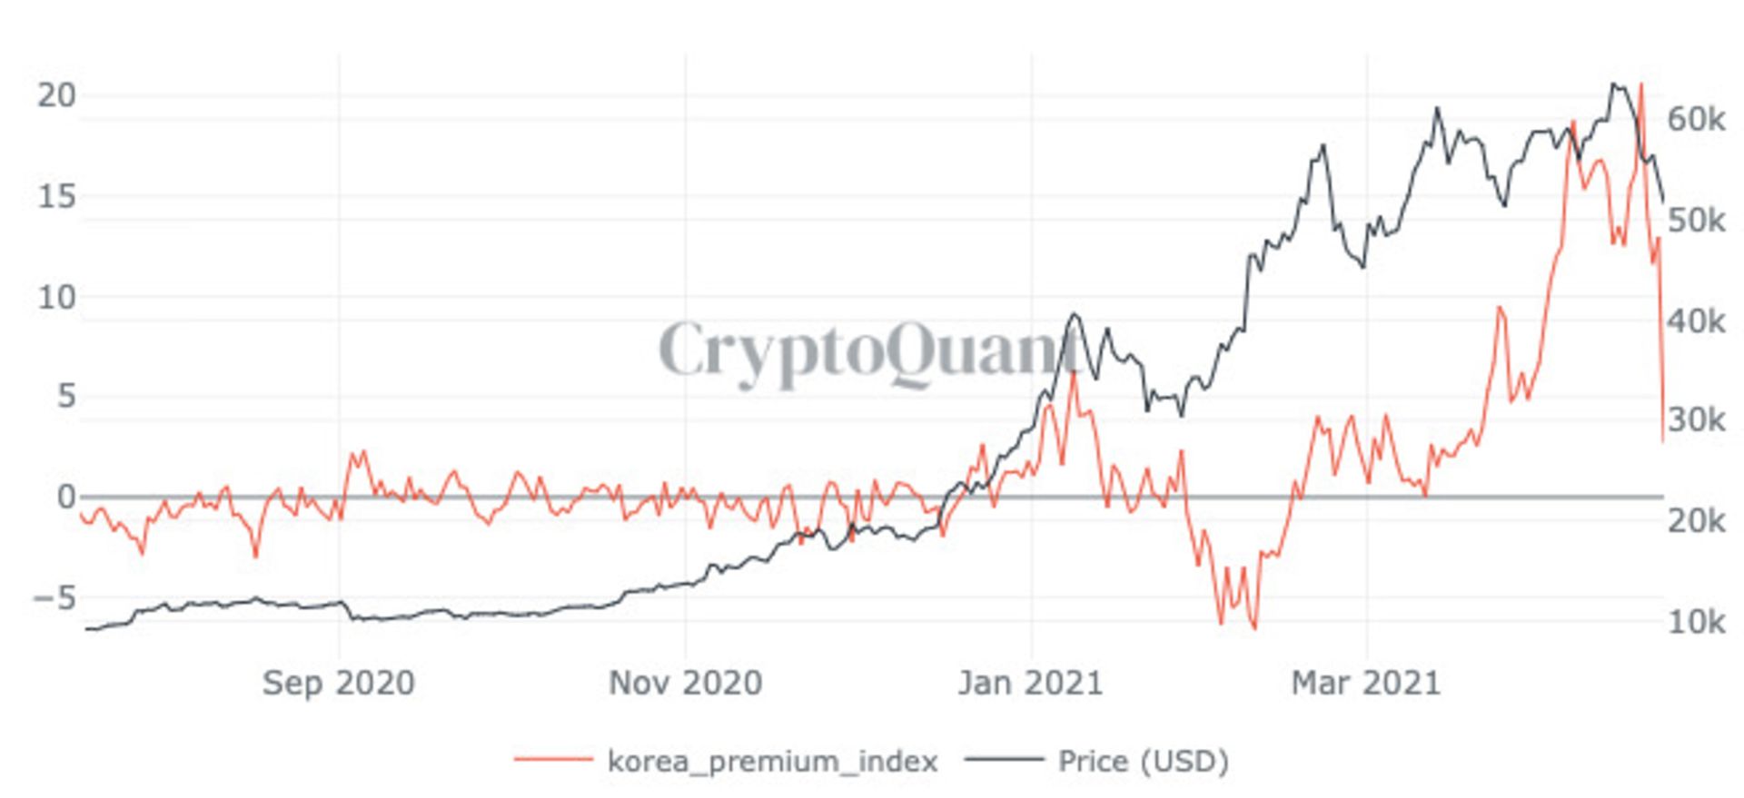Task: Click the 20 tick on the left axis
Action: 55,95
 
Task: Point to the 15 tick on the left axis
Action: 55,196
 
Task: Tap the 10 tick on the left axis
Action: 55,297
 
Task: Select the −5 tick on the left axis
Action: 53,598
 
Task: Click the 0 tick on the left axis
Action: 65,497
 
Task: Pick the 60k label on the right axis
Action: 1696,119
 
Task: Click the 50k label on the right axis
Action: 1696,220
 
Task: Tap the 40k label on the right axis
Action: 1696,320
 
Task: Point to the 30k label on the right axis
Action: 1696,420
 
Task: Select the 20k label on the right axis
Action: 1696,521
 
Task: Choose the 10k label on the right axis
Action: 1696,622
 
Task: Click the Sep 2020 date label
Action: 338,683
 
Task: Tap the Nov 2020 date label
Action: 685,683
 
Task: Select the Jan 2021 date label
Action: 1030,683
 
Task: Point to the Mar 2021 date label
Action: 1366,683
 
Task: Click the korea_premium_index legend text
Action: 772,761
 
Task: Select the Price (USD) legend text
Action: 1143,761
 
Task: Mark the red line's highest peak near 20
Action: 1640,84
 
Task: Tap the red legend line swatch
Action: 553,759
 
